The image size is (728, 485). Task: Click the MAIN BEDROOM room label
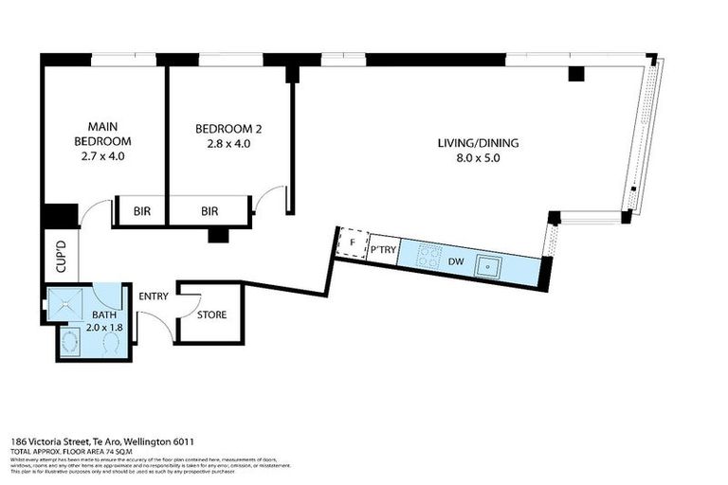pyautogui.click(x=103, y=134)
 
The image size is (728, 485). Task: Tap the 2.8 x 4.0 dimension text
pyautogui.click(x=227, y=144)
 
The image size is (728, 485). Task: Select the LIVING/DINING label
pyautogui.click(x=479, y=144)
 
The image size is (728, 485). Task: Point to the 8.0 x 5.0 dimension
pyautogui.click(x=479, y=158)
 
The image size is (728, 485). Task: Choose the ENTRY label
pyautogui.click(x=154, y=296)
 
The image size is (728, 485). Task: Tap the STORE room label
pyautogui.click(x=211, y=314)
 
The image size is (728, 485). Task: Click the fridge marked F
pyautogui.click(x=353, y=243)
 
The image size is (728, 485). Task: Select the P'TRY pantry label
pyautogui.click(x=382, y=249)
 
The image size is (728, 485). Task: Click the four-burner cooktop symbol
pyautogui.click(x=428, y=256)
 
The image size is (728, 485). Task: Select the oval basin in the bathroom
pyautogui.click(x=69, y=343)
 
